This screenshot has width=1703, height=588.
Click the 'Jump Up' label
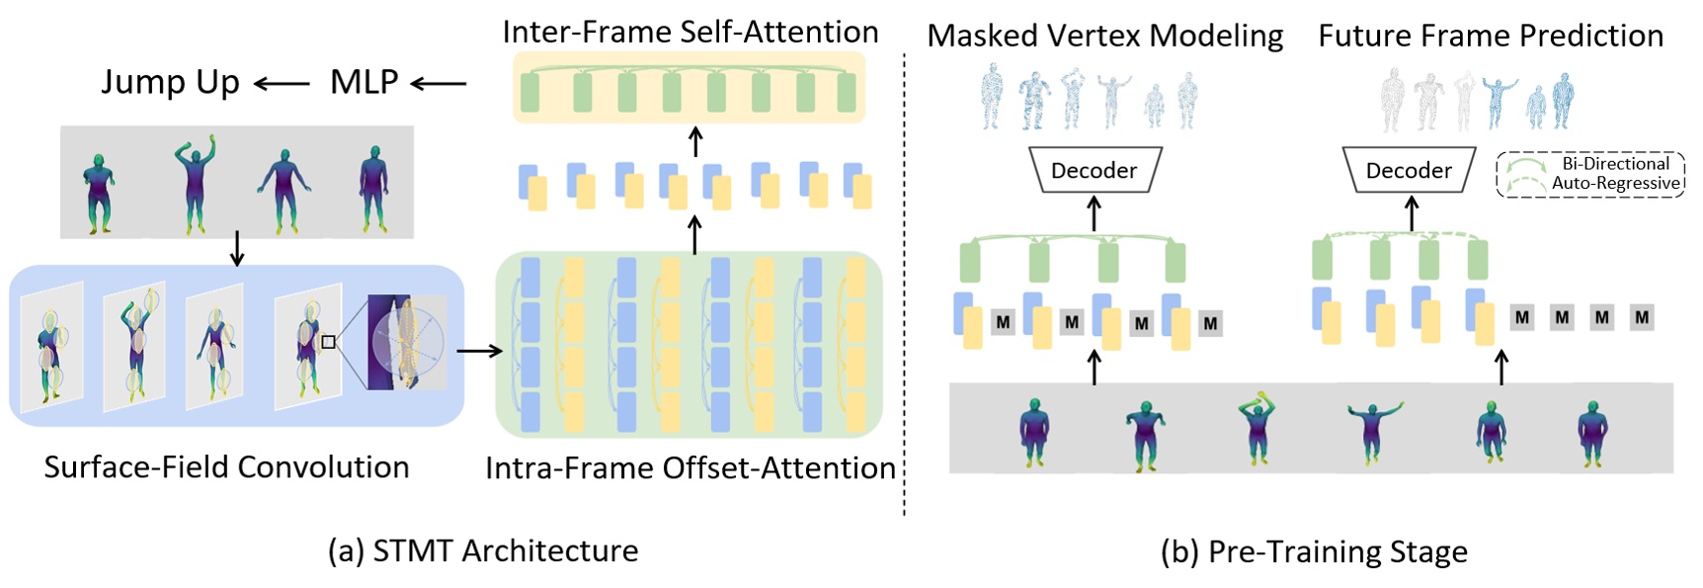(x=170, y=82)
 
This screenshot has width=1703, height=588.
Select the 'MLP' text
(x=364, y=82)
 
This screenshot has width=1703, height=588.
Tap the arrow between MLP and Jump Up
(x=283, y=85)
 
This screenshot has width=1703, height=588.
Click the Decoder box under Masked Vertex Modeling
(x=1094, y=170)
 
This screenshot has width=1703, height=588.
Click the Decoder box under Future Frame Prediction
(x=1409, y=170)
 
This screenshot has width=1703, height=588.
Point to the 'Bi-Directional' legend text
(x=1615, y=164)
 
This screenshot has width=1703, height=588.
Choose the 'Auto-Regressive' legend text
(x=1615, y=183)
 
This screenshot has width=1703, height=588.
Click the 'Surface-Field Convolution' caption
(x=226, y=466)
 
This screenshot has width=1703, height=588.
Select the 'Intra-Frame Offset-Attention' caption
(x=689, y=467)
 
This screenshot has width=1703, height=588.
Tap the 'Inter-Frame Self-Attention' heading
(x=689, y=32)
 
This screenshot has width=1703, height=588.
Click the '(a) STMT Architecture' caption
(x=483, y=550)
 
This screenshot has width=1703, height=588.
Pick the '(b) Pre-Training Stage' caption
(x=1314, y=551)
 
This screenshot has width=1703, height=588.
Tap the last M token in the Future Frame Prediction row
(x=1642, y=317)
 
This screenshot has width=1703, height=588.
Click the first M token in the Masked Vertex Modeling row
(x=1003, y=321)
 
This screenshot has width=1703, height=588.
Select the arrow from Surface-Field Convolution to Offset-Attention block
(x=479, y=350)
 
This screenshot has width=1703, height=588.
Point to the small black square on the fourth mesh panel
(x=329, y=342)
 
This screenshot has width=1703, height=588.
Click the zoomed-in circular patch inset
(x=407, y=342)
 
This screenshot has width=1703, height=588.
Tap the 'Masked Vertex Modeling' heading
(x=1104, y=36)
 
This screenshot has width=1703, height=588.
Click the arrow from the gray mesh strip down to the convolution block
(x=237, y=250)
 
